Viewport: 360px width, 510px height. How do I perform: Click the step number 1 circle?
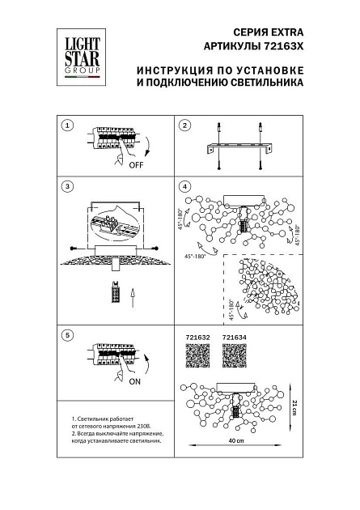click(x=68, y=125)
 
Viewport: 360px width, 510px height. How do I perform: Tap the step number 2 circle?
click(x=184, y=125)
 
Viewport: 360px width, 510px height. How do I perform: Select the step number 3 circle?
click(x=68, y=187)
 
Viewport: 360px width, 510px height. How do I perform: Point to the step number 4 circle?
click(x=184, y=187)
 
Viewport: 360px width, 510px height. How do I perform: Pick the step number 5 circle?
click(x=68, y=334)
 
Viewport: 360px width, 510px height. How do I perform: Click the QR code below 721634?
click(x=234, y=357)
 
